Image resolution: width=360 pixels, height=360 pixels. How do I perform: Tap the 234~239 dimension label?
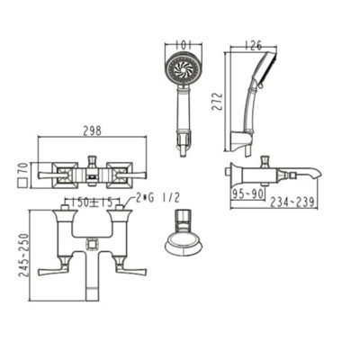[292, 202]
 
